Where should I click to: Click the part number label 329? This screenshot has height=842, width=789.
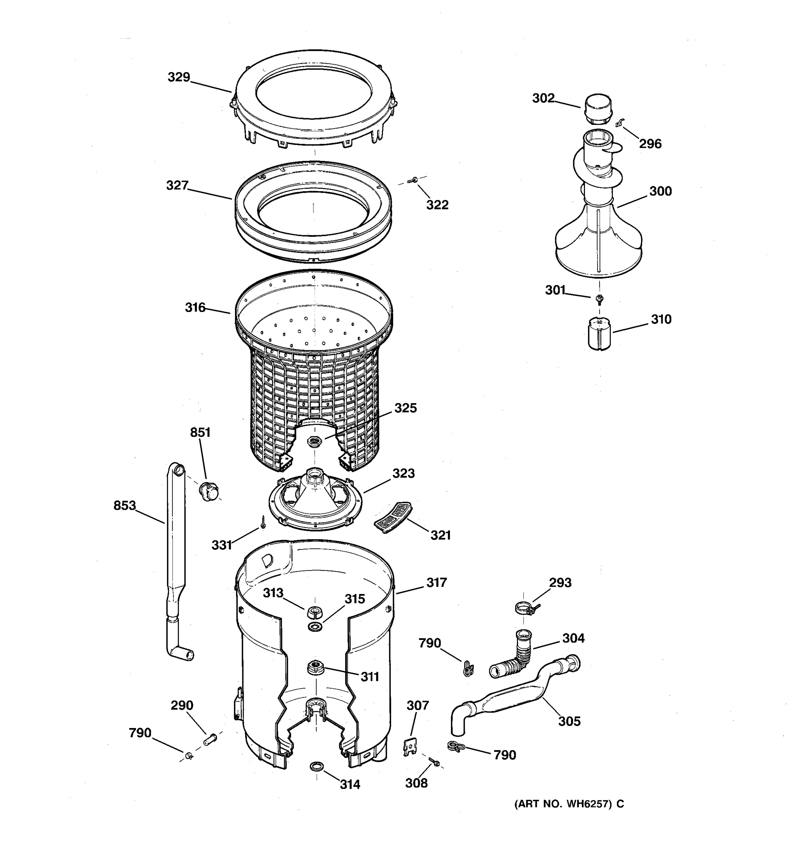(178, 77)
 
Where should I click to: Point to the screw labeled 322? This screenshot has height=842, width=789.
(411, 181)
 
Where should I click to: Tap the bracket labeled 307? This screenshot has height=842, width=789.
(410, 747)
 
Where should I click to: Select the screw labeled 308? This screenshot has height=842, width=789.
(434, 762)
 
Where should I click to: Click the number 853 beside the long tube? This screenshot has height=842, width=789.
(124, 505)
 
